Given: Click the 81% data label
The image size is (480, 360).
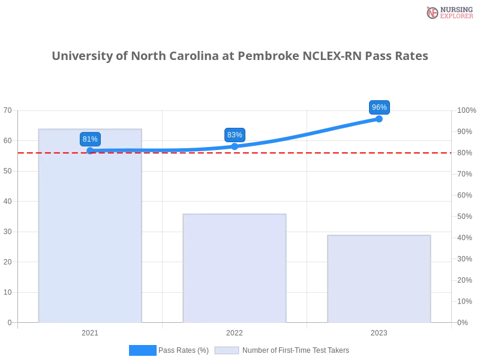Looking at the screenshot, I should (90, 139).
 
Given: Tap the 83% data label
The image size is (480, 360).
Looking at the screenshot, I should (235, 135).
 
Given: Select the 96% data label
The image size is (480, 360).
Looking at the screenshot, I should (379, 107).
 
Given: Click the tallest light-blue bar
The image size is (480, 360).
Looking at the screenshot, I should (90, 240).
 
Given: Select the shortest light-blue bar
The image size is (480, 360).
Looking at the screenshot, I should (379, 278).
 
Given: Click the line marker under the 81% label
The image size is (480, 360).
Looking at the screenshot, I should (90, 151).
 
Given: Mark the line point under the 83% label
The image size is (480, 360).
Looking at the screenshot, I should (235, 146).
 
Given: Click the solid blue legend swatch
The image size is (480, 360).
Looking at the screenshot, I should (143, 350).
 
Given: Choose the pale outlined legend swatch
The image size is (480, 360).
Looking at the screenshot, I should (227, 350).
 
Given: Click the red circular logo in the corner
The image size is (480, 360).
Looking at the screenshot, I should (433, 13).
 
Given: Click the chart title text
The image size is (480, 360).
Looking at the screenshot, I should (240, 56).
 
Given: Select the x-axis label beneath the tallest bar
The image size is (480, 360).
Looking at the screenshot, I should (90, 331).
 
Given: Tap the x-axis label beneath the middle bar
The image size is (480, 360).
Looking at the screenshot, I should (235, 331).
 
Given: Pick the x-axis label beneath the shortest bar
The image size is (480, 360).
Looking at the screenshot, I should (379, 331).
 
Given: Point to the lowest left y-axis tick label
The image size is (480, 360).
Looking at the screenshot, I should (9, 322).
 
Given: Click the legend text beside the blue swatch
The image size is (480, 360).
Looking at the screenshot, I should (185, 350).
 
